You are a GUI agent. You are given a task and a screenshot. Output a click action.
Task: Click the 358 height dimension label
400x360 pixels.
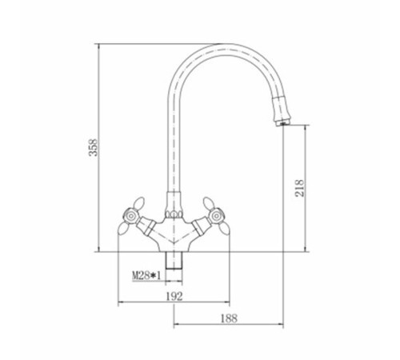[94, 147]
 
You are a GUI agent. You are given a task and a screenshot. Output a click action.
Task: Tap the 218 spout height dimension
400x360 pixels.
[299, 188]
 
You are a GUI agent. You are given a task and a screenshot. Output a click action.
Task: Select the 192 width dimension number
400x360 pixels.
[174, 296]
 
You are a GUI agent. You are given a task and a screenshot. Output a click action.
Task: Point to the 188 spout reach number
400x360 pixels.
[229, 318]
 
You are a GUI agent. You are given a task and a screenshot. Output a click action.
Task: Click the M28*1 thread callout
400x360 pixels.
[146, 275]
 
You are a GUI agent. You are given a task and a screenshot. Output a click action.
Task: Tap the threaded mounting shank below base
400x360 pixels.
[174, 261]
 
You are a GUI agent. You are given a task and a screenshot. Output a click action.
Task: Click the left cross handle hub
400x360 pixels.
[130, 217]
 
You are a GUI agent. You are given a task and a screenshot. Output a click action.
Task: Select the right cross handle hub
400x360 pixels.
[216, 217]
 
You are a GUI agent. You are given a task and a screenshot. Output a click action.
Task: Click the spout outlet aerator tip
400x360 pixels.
[282, 123]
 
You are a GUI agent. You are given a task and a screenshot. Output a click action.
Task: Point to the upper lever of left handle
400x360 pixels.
[139, 203]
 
